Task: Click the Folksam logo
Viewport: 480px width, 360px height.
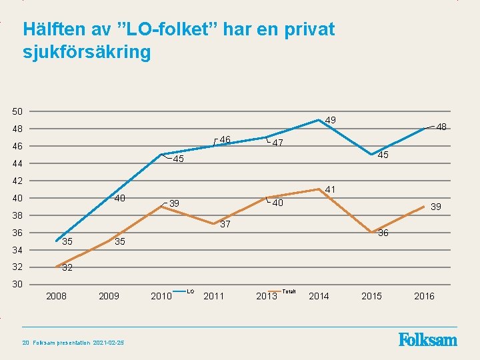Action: (428, 340)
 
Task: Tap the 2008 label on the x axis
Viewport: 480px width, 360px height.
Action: (56, 296)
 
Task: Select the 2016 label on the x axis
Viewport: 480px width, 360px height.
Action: (424, 296)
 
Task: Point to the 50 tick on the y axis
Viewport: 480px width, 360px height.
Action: (17, 111)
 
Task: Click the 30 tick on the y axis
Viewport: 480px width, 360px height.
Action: (17, 285)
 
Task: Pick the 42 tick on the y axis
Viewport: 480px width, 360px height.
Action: (17, 181)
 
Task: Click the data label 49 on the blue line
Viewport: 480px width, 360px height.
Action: (330, 120)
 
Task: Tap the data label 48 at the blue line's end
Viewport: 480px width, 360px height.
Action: (441, 127)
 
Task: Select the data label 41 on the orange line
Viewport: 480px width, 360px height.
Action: (330, 190)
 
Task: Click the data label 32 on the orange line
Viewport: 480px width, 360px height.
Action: (67, 268)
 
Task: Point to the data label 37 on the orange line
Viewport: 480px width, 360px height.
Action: (225, 224)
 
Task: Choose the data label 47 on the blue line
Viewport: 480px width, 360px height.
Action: (278, 143)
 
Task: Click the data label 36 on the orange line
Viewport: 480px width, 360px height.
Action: (383, 233)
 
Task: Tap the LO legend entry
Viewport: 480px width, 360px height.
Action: (190, 291)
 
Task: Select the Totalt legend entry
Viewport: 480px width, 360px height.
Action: (289, 291)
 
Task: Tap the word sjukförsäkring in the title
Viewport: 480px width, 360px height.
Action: (87, 52)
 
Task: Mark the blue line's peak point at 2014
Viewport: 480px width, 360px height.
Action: (319, 120)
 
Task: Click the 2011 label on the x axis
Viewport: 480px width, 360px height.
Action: (213, 296)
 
